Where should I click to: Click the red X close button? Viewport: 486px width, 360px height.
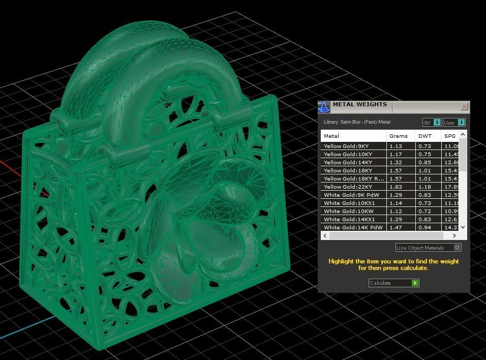(464, 107)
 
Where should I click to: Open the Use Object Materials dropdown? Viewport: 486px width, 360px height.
(428, 248)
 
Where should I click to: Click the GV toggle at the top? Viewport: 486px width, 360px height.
(432, 123)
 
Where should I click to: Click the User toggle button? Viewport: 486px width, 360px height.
(454, 123)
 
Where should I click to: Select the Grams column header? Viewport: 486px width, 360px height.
(399, 136)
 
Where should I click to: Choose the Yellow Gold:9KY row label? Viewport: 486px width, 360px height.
(346, 146)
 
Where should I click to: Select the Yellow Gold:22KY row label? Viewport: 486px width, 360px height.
(348, 187)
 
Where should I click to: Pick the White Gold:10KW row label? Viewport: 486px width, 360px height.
(348, 211)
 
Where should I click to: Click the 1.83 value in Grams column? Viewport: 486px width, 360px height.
(396, 187)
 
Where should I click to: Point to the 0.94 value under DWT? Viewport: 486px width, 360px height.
(424, 227)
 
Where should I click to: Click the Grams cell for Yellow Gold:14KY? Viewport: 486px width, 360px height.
(396, 162)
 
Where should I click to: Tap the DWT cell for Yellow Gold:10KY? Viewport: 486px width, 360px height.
(424, 154)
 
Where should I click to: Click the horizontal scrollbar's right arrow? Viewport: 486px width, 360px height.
(454, 235)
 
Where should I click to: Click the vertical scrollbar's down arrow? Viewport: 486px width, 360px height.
(463, 227)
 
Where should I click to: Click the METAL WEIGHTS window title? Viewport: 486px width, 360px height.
(360, 105)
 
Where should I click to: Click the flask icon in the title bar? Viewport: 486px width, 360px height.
(324, 107)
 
